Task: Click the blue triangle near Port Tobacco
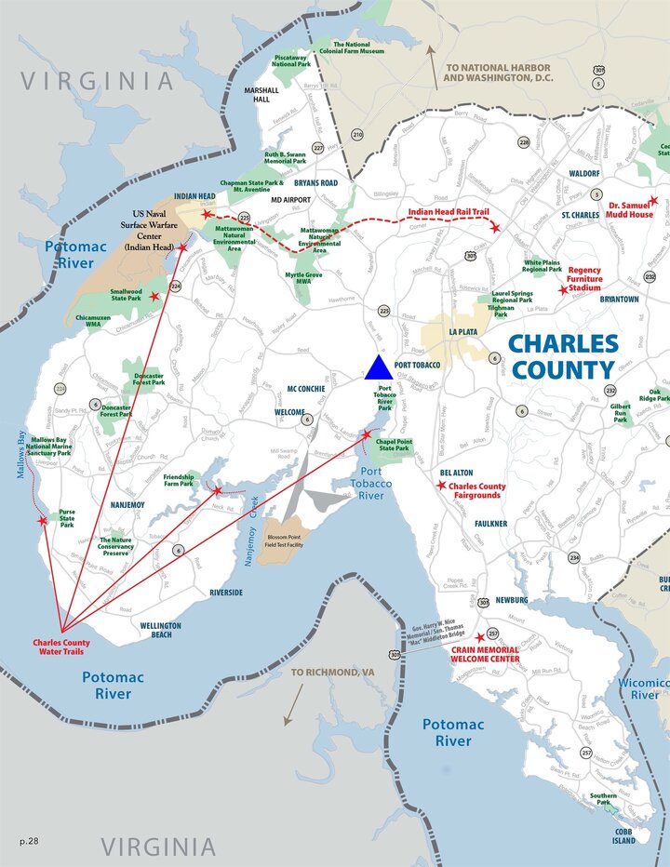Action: coord(378,368)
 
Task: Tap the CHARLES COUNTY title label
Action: coord(563,356)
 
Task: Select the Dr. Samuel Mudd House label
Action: coord(630,209)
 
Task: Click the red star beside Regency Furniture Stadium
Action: coord(563,290)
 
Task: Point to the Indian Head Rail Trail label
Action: coord(449,213)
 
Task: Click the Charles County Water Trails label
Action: coord(61,647)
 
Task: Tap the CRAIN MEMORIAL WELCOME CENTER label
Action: coord(485,654)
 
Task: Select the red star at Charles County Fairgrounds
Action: coord(441,485)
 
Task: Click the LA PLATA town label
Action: coord(462,332)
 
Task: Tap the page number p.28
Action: coord(29,841)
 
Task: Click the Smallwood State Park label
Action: coord(127,296)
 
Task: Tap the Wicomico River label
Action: coord(645,688)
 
